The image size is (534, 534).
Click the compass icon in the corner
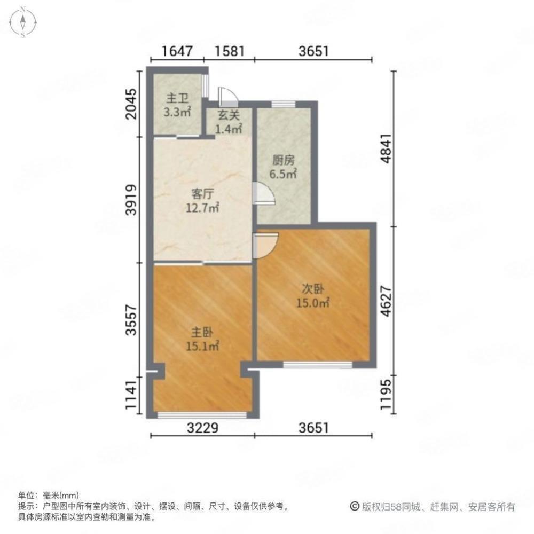(23, 22)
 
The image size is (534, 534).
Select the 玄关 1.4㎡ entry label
(229, 122)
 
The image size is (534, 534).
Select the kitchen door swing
(264, 193)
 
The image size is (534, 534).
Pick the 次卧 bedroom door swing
(266, 245)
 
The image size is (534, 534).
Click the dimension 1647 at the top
(177, 51)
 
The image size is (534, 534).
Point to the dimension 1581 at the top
(230, 51)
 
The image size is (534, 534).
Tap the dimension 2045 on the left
(131, 104)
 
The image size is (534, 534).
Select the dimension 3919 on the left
(131, 200)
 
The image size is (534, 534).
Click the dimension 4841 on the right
(386, 149)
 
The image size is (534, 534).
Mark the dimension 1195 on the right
(386, 395)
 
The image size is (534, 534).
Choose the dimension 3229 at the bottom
(202, 428)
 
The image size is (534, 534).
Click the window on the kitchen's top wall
(284, 104)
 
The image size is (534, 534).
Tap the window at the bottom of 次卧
(318, 365)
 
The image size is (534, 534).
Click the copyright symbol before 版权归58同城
(355, 506)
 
